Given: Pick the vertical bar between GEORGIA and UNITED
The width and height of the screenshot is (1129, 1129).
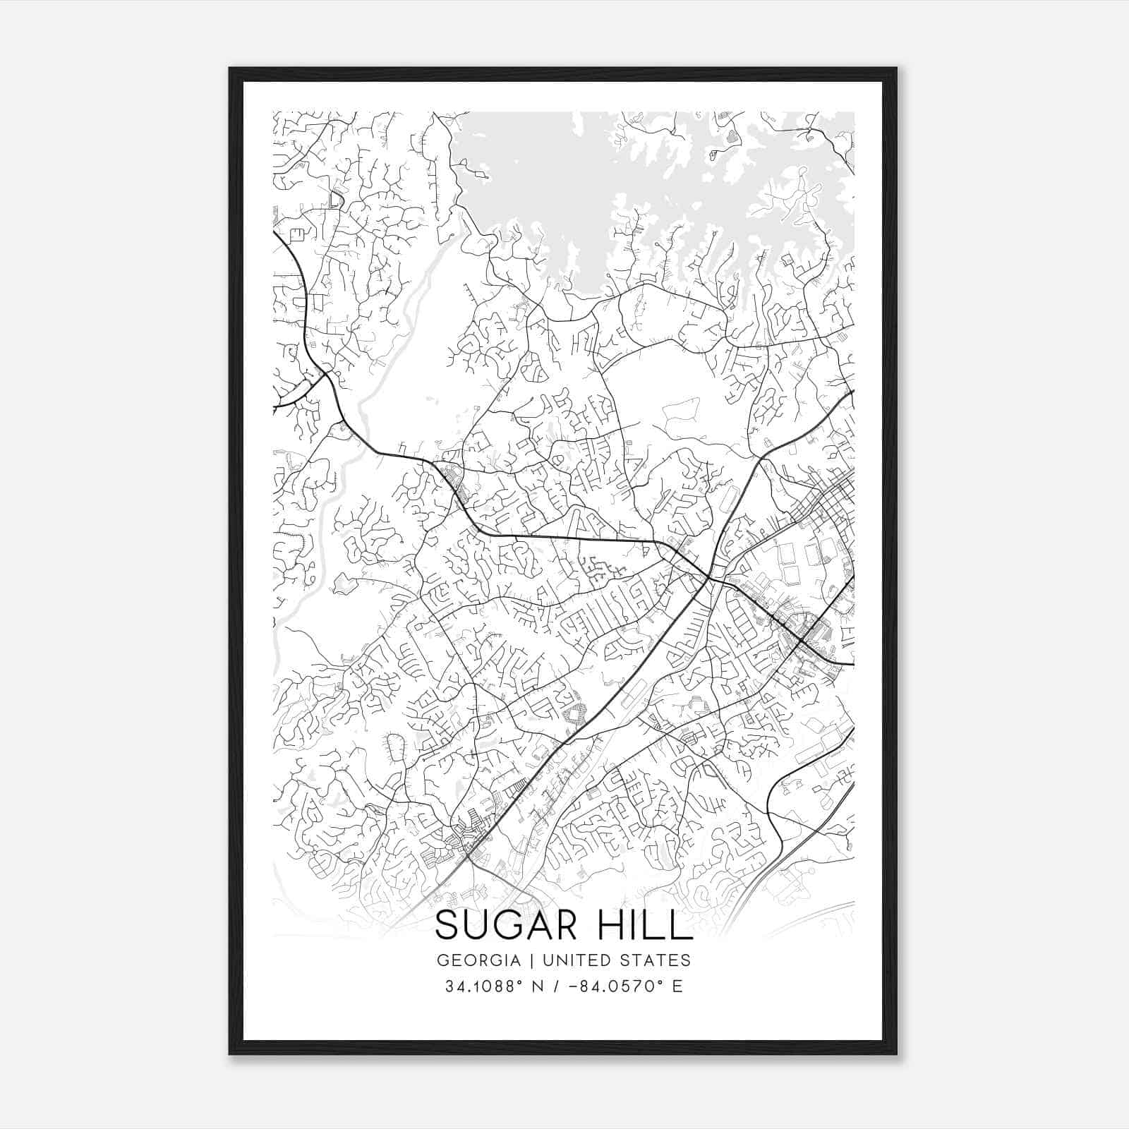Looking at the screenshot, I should (539, 960).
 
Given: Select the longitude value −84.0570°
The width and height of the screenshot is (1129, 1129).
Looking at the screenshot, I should (613, 986).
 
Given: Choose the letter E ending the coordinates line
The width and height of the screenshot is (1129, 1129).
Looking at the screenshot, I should (677, 986).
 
